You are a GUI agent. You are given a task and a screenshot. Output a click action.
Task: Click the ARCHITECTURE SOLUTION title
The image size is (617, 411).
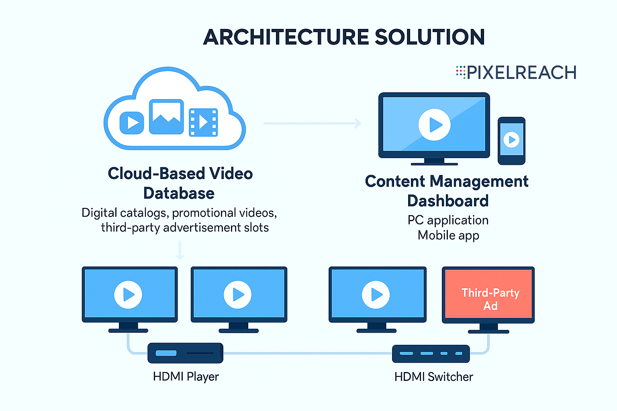pyautogui.click(x=344, y=37)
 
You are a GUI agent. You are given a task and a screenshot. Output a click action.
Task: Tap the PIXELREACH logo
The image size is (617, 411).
pyautogui.click(x=516, y=73)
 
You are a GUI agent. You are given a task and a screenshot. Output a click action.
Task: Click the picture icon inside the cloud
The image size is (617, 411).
pyautogui.click(x=166, y=117)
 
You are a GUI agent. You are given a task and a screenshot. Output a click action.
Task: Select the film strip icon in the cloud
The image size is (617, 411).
pyautogui.click(x=203, y=122)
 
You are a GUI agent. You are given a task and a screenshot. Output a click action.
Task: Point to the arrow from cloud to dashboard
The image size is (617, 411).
pyautogui.click(x=312, y=124)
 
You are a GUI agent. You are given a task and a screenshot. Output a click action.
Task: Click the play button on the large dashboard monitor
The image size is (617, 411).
pyautogui.click(x=434, y=124)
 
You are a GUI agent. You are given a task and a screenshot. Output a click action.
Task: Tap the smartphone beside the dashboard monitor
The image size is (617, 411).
pyautogui.click(x=511, y=140)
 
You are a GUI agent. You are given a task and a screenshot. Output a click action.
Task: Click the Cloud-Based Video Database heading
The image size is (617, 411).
pyautogui.click(x=180, y=183)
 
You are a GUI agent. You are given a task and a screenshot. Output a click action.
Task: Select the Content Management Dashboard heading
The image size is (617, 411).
pyautogui.click(x=447, y=191)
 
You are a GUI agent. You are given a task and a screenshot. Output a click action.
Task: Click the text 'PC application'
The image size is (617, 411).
pyautogui.click(x=448, y=220)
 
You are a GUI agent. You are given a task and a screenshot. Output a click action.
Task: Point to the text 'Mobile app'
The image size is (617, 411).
pyautogui.click(x=448, y=235)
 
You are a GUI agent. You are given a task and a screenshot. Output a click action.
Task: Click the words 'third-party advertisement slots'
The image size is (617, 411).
pyautogui.click(x=185, y=228)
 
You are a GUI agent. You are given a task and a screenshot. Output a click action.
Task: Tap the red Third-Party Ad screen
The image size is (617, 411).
pyautogui.click(x=488, y=295)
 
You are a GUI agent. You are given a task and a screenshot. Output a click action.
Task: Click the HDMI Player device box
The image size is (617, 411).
pyautogui.click(x=185, y=353)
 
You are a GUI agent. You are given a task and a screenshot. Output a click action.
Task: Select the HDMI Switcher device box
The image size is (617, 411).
pyautogui.click(x=431, y=354)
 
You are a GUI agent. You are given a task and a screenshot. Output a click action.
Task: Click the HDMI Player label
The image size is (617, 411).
pyautogui.click(x=186, y=376)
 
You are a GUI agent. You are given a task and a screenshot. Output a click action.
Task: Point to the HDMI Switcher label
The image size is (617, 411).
pyautogui.click(x=433, y=377)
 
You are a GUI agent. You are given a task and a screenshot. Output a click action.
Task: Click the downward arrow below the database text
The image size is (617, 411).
pyautogui.click(x=180, y=250)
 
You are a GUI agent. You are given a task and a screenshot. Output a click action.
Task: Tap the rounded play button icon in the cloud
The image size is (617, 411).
pyautogui.click(x=132, y=122)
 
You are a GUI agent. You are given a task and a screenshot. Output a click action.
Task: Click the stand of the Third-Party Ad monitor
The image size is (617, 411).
pyautogui.click(x=488, y=329)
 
